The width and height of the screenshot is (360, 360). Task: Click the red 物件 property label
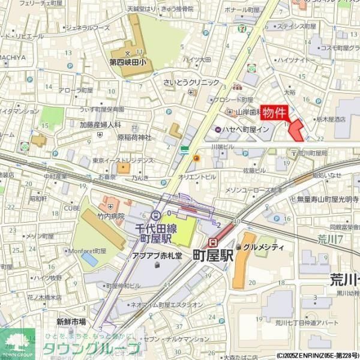[275, 113]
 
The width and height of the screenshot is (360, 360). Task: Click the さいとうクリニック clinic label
[191, 83]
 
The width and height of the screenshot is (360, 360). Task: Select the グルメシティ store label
[263, 247]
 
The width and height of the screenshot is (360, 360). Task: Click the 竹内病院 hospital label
[111, 216]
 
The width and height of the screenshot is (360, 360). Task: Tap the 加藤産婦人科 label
[100, 125]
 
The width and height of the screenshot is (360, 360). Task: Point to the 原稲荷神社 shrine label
[134, 137]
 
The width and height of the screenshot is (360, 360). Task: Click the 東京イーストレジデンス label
[122, 161]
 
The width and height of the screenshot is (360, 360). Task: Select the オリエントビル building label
[196, 177]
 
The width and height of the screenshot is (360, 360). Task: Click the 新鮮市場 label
[71, 322]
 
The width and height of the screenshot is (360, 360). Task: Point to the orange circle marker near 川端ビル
[196, 158]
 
